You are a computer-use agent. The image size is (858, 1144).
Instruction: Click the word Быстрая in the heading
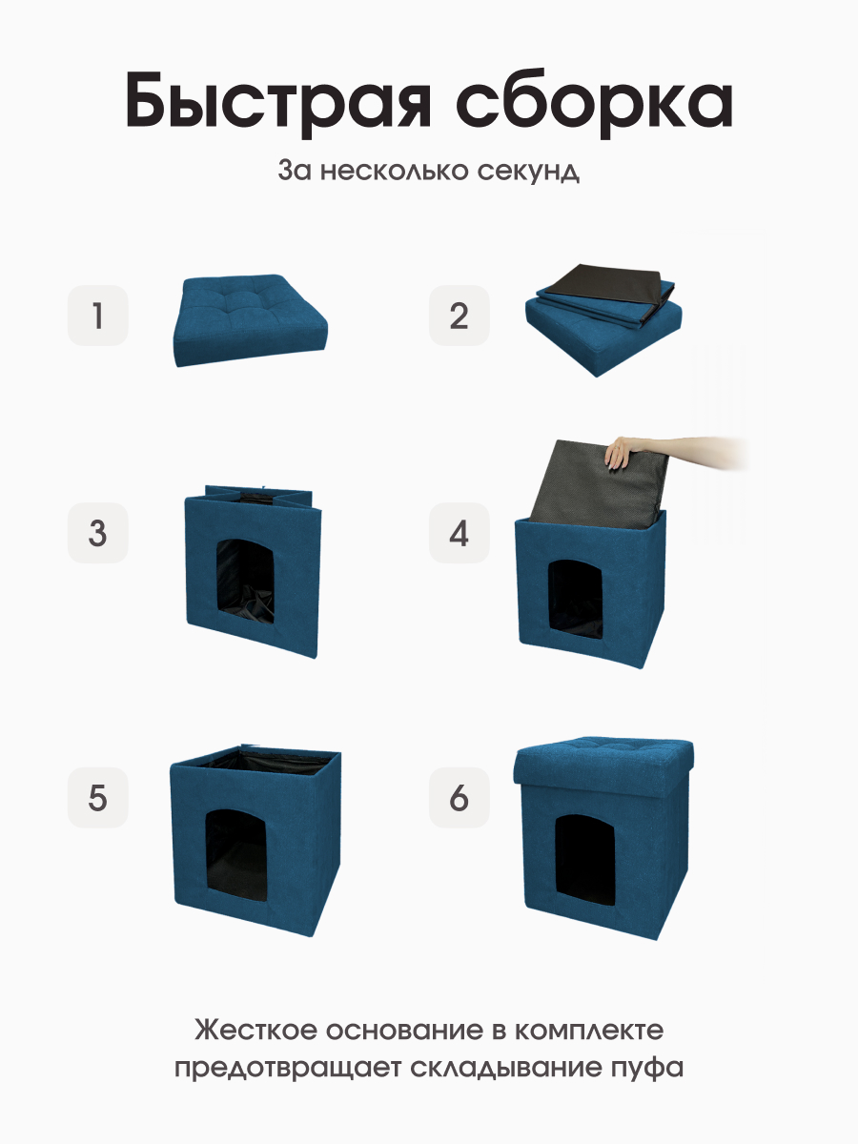[x=278, y=103]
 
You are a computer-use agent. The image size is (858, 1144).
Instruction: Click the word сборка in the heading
[x=594, y=102]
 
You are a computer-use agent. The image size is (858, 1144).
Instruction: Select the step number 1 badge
[x=98, y=316]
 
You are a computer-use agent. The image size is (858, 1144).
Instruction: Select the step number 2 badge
[x=459, y=316]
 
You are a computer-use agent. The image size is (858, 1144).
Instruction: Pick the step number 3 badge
[x=98, y=533]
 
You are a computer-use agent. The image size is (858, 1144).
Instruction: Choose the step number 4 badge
[x=459, y=533]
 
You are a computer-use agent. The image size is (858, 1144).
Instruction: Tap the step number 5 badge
[x=98, y=797]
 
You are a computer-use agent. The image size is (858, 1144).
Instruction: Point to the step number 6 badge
[x=459, y=797]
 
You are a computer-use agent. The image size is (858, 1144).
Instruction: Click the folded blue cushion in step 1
[x=250, y=320]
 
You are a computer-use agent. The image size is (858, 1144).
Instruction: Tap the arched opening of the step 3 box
[x=245, y=582]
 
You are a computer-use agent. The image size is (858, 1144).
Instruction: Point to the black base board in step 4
[x=598, y=482]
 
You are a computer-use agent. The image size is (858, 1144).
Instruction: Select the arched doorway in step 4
[x=575, y=600]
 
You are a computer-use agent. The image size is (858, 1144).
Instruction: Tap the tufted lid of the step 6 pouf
[x=603, y=763]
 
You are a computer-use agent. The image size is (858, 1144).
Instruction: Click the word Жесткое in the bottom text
[x=255, y=1031]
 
